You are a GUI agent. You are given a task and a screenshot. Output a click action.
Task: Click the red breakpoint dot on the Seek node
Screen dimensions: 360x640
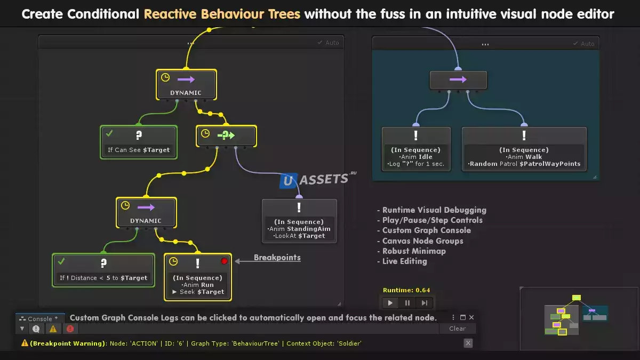click(x=224, y=261)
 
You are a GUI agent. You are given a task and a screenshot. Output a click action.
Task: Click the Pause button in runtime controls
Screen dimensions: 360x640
click(x=407, y=303)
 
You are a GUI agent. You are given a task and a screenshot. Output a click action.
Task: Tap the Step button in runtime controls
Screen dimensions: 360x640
click(x=425, y=303)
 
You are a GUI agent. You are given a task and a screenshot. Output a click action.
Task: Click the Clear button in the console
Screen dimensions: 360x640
click(x=457, y=329)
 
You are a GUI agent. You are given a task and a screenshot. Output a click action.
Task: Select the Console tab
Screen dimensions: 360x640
click(x=40, y=319)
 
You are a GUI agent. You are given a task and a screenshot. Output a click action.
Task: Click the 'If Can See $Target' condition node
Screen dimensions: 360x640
click(x=139, y=142)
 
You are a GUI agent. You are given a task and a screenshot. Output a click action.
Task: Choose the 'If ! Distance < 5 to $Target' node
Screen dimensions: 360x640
click(x=103, y=270)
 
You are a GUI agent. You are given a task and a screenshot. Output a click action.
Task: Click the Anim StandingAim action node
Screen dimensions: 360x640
click(x=299, y=221)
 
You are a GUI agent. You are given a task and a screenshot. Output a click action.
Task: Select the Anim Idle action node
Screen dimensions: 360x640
click(x=416, y=149)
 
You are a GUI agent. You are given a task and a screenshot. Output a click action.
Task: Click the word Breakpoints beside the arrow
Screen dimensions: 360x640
click(x=277, y=258)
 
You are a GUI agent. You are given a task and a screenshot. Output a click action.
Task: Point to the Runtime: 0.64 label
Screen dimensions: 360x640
click(x=406, y=290)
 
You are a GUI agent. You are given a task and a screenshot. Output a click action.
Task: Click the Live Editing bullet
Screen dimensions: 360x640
click(x=404, y=261)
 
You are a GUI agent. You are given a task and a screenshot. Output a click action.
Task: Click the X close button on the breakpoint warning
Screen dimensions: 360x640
click(x=468, y=343)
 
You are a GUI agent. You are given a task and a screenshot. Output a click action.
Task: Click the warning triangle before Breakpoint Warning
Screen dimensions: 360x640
click(x=25, y=343)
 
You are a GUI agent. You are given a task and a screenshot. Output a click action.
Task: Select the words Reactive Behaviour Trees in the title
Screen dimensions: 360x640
click(x=222, y=14)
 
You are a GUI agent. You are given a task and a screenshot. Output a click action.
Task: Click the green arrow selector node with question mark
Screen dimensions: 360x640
click(x=226, y=136)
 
